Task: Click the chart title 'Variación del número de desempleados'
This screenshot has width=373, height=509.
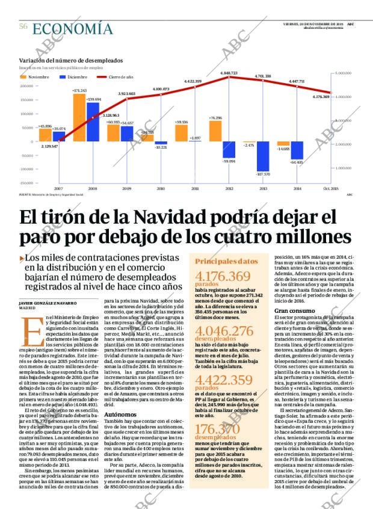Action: [x=71, y=60]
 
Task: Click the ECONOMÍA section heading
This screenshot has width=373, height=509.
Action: [x=72, y=28]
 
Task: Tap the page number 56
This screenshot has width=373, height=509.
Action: [x=23, y=26]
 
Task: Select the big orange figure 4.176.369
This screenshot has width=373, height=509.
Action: [x=223, y=277]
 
